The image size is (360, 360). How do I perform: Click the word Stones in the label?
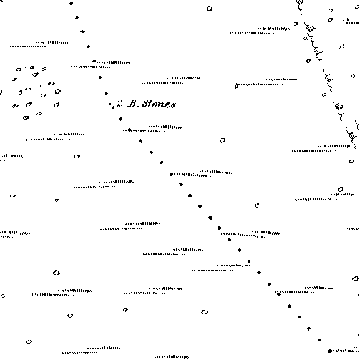tap(158, 104)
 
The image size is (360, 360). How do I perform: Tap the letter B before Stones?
tap(132, 104)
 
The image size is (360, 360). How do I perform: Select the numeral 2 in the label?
tap(119, 103)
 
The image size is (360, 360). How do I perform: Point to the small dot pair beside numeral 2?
tap(111, 106)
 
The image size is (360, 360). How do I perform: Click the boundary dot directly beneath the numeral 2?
tap(121, 119)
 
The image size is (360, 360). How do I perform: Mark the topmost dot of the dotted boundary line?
tap(71, 4)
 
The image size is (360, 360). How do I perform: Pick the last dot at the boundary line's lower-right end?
tap(329, 351)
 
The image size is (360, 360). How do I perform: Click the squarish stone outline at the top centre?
tap(210, 9)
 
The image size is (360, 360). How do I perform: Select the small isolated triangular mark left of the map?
tap(57, 200)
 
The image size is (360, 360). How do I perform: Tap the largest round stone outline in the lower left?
tap(56, 273)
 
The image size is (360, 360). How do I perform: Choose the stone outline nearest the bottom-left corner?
tap(29, 342)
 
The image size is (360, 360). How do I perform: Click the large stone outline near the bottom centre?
tap(205, 312)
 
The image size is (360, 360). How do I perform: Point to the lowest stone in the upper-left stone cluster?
tap(26, 118)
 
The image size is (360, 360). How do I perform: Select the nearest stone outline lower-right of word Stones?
tap(223, 140)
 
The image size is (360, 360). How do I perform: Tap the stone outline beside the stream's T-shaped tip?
tap(309, 61)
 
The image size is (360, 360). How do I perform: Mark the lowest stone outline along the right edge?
tap(355, 278)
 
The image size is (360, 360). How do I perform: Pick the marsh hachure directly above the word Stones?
tap(171, 80)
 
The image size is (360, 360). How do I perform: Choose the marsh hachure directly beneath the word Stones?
tap(152, 129)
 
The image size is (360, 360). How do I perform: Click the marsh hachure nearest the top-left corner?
tap(39, 44)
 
